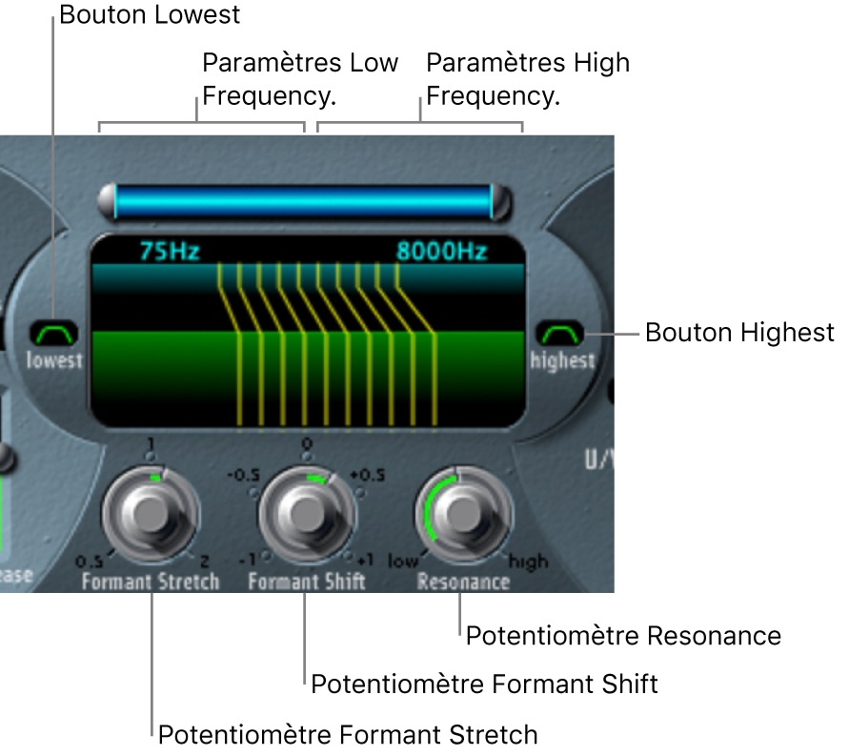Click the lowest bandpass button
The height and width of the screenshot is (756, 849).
(x=54, y=334)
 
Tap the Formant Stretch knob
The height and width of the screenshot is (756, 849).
(x=150, y=516)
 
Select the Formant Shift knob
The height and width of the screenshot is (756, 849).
(x=306, y=516)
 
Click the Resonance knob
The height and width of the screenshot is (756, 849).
(x=463, y=516)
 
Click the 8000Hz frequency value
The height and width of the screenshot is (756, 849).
(x=442, y=252)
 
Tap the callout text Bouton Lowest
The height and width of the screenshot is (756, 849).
(x=150, y=15)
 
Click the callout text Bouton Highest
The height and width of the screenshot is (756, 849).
(x=739, y=333)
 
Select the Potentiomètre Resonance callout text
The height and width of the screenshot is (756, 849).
(x=623, y=636)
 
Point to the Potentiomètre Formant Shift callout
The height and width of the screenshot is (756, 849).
(x=485, y=684)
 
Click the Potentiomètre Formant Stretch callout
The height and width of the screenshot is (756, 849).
(x=348, y=735)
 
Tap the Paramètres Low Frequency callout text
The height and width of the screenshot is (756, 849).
(x=299, y=79)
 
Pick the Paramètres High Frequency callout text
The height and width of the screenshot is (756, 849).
(x=527, y=79)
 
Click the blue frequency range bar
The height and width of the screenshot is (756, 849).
(x=304, y=202)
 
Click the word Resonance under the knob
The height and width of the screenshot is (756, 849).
(x=463, y=581)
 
